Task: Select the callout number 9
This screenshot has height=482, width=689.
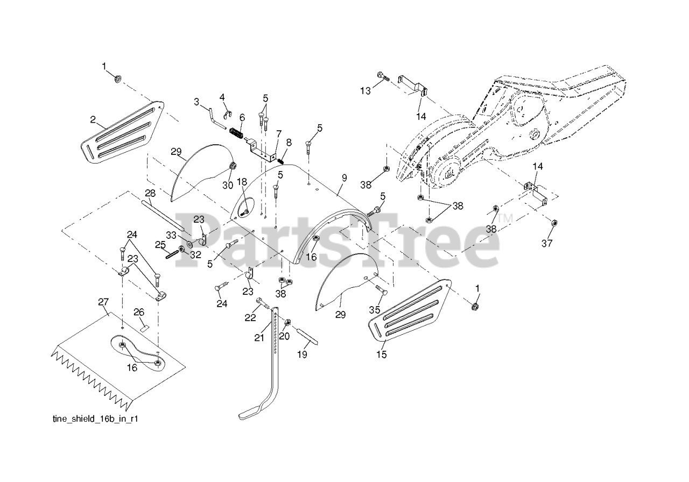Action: click(x=341, y=190)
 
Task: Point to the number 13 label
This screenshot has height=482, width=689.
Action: click(x=365, y=91)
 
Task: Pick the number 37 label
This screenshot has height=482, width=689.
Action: click(x=547, y=244)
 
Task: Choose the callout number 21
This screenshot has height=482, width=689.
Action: click(x=259, y=337)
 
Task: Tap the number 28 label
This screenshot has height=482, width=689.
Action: click(x=150, y=193)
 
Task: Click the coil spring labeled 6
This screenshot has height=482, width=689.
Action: click(x=236, y=132)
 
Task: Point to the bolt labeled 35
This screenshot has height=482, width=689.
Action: click(x=381, y=292)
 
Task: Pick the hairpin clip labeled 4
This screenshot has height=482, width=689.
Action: click(x=227, y=114)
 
